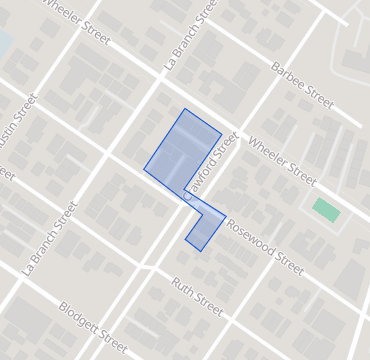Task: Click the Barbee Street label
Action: pyautogui.click(x=302, y=88)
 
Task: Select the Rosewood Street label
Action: pyautogui.click(x=264, y=246)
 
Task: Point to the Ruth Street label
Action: pyautogui.click(x=196, y=297)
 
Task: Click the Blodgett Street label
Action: pyautogui.click(x=92, y=328)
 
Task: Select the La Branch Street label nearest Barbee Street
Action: pyautogui.click(x=189, y=37)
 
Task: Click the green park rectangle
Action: pyautogui.click(x=325, y=210)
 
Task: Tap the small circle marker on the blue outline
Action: pyautogui.click(x=187, y=196)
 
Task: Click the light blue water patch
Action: pyautogui.click(x=4, y=42)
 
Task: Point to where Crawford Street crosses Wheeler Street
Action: pyautogui.click(x=238, y=133)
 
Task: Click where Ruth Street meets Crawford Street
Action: pyautogui.click(x=148, y=267)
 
